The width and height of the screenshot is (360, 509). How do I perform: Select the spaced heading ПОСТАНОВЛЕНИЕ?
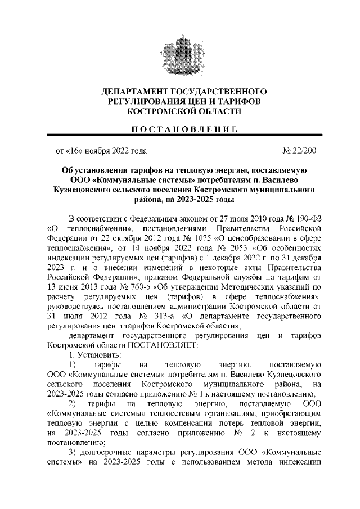[180, 129]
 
